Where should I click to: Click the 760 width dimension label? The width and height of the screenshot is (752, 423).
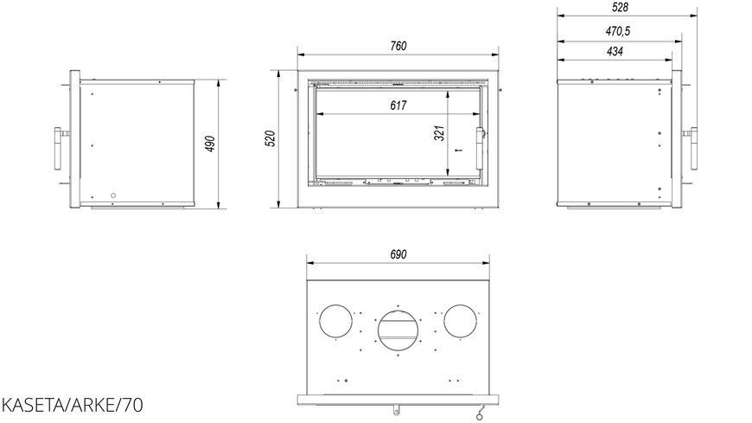click(398, 46)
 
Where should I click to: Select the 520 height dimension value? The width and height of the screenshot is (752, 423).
click(270, 138)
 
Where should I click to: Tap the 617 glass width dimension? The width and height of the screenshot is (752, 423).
click(398, 106)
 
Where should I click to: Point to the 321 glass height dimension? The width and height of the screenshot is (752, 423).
click(439, 133)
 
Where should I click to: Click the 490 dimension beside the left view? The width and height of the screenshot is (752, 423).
click(210, 144)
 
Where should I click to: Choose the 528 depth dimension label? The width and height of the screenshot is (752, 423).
click(620, 7)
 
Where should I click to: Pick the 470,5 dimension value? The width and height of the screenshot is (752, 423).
click(618, 31)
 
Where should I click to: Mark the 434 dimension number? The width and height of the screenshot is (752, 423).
click(615, 51)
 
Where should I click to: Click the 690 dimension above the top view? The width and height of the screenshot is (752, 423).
click(398, 254)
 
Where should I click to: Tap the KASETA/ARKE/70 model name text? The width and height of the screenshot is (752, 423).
click(72, 405)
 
